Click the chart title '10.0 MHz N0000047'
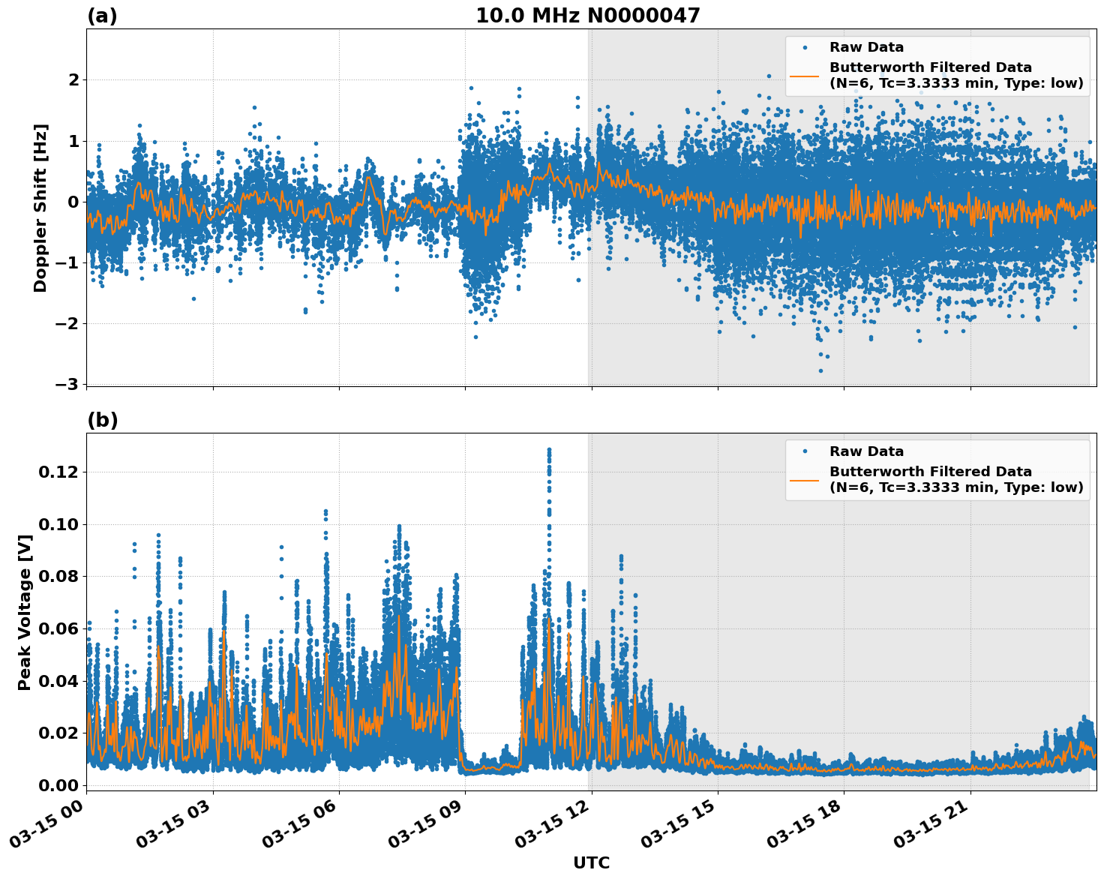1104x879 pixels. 587,16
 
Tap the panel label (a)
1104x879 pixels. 102,16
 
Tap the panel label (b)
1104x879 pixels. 102,420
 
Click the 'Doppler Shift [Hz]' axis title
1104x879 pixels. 40,208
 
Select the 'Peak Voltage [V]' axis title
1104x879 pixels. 25,612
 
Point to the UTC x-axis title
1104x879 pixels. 591,862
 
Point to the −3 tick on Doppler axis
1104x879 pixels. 67,384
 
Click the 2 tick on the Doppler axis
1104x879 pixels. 73,79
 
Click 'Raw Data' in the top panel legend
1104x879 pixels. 866,47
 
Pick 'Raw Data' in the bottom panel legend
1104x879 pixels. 866,451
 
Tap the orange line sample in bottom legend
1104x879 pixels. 805,479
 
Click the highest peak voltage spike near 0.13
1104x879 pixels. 549,450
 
